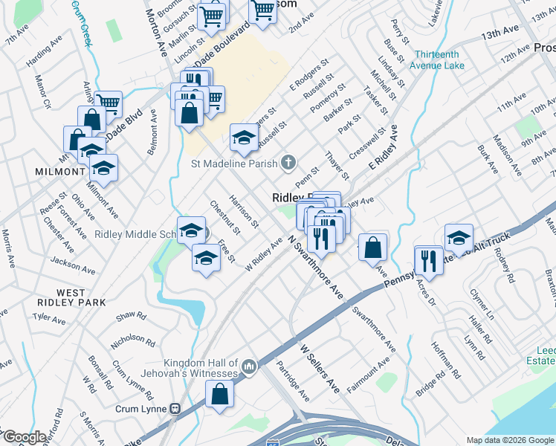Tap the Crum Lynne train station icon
[176, 408]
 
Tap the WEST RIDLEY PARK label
[71, 297]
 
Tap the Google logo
[25, 437]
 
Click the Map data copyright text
[509, 440]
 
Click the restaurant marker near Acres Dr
[429, 260]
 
